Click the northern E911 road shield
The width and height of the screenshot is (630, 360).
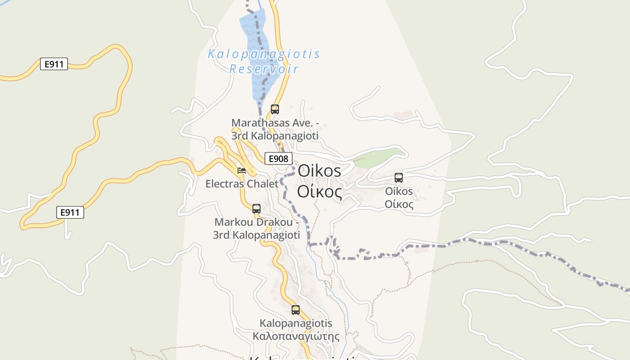click(x=54, y=64)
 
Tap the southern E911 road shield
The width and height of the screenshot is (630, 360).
click(x=70, y=212)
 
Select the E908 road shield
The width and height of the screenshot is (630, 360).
click(x=278, y=158)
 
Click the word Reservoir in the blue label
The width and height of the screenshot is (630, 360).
click(x=264, y=69)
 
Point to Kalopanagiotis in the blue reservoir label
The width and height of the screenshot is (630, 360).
click(x=264, y=54)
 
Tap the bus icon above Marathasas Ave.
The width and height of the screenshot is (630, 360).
click(x=274, y=109)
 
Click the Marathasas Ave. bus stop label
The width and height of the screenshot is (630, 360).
click(x=275, y=129)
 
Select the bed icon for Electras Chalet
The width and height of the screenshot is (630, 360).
click(x=242, y=170)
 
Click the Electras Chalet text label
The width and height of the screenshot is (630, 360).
click(x=242, y=184)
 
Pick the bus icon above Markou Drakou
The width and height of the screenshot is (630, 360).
click(x=256, y=208)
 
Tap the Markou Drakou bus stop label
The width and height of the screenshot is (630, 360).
click(x=256, y=229)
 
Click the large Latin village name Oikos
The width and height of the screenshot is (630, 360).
click(x=319, y=171)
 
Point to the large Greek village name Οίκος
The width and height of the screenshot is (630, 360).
click(x=319, y=192)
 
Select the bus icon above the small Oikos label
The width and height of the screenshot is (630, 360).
click(x=399, y=177)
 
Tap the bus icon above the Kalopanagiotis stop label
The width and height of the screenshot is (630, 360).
click(x=295, y=310)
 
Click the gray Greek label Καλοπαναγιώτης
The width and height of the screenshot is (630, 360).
click(x=296, y=336)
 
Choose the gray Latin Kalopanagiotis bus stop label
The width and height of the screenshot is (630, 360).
click(x=296, y=323)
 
